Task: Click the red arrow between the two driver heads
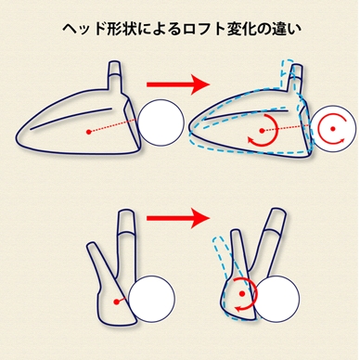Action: click(178, 84)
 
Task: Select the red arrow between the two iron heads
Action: click(178, 218)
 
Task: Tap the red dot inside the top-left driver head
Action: click(89, 132)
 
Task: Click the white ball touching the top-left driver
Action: click(161, 122)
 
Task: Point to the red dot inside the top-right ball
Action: click(333, 128)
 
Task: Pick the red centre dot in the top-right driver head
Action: click(262, 131)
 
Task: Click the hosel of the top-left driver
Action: click(116, 77)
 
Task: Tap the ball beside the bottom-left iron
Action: click(151, 299)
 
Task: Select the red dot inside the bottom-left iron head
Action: click(116, 302)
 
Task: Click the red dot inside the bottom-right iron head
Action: click(242, 293)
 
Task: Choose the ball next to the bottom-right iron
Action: click(276, 299)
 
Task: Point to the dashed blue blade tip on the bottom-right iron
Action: click(218, 241)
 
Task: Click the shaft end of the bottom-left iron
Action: click(125, 221)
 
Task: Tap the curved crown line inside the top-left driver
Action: click(71, 119)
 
